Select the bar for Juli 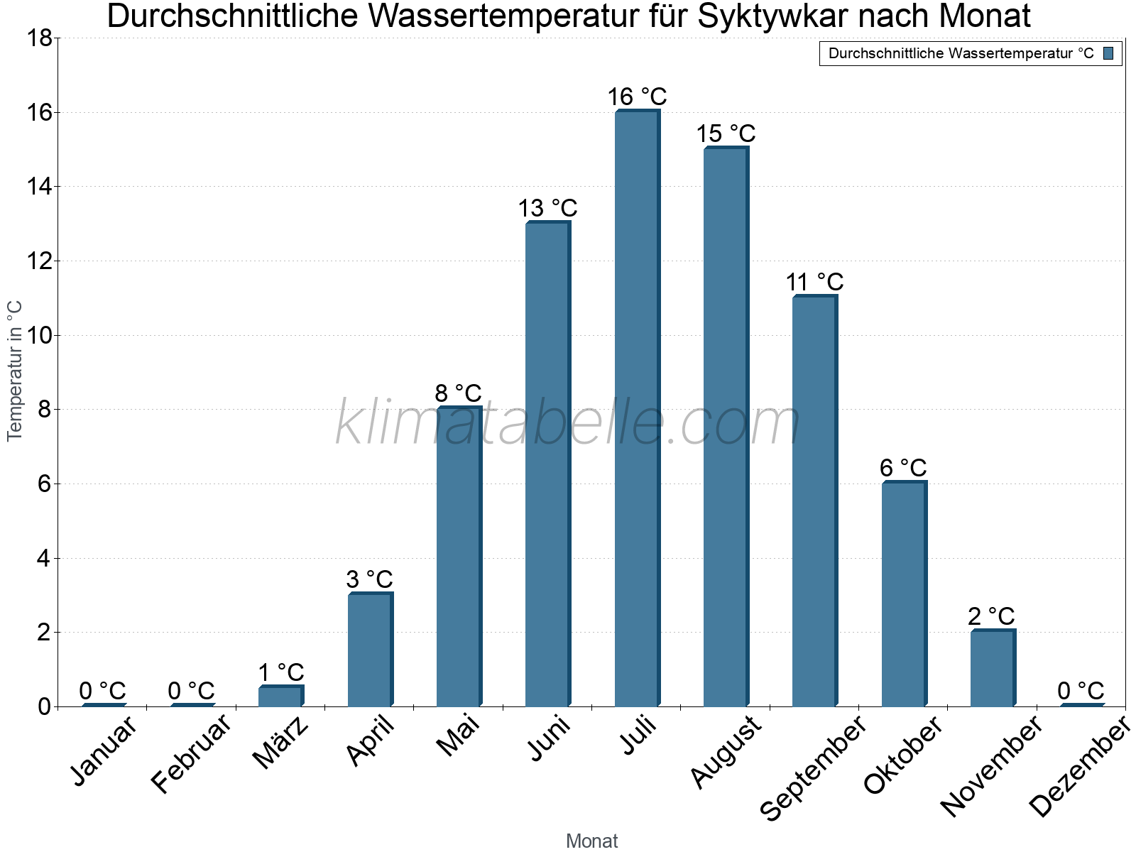click(637, 408)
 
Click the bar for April click(370, 650)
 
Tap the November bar click(993, 668)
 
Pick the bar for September click(814, 501)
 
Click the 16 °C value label click(637, 97)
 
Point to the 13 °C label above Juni click(547, 209)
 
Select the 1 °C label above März click(281, 672)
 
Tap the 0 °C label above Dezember click(1081, 691)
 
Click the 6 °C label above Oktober click(903, 469)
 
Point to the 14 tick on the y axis click(40, 187)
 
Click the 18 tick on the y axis click(40, 38)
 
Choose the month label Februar click(191, 753)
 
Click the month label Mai click(458, 736)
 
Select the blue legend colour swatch click(1108, 53)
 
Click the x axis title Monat click(591, 841)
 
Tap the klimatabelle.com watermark click(568, 423)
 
